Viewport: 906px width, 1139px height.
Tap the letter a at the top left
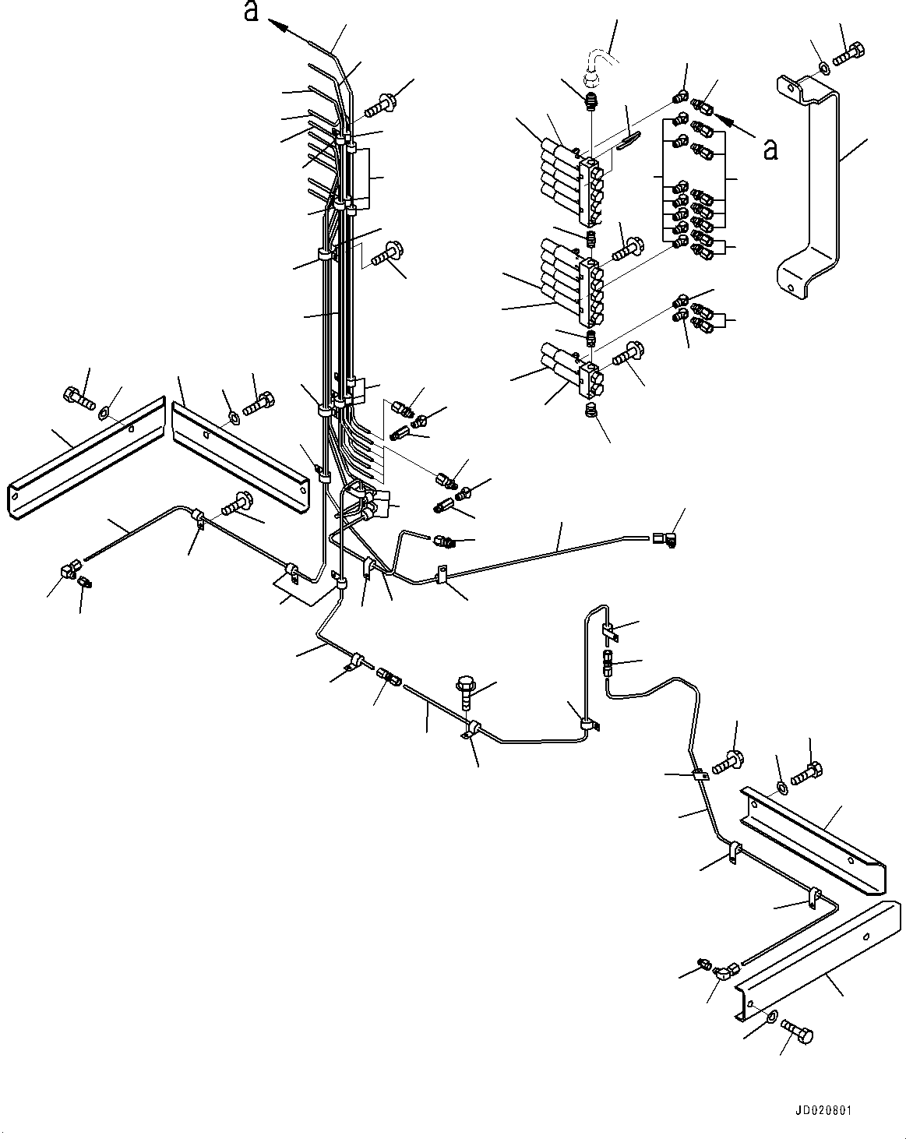(x=252, y=11)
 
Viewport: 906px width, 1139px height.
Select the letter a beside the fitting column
(x=770, y=150)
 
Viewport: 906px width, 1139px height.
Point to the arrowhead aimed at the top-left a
(x=277, y=24)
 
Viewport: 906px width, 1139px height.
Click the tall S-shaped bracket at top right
(x=808, y=187)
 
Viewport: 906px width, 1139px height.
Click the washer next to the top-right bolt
(x=823, y=67)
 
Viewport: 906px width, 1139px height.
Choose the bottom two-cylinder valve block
(x=570, y=371)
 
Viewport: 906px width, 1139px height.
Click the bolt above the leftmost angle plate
(x=79, y=399)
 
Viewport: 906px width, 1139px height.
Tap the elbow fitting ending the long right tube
(x=665, y=539)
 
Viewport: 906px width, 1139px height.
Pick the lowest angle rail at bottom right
(x=817, y=961)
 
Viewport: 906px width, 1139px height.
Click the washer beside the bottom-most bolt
(x=771, y=1015)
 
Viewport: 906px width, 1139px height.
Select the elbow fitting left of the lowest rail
(x=726, y=971)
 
